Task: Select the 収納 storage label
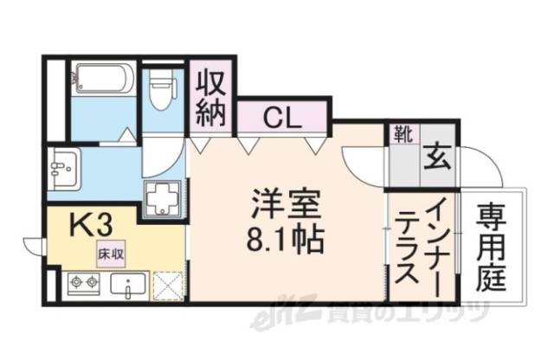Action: tap(210, 95)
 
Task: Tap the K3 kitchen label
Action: tap(90, 227)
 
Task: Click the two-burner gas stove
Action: tap(83, 284)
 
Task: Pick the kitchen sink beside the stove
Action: tap(126, 285)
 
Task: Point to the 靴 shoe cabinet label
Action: tap(402, 135)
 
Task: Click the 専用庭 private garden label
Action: tap(493, 247)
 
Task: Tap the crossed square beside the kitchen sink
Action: tap(169, 286)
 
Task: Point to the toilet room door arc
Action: tap(164, 156)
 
